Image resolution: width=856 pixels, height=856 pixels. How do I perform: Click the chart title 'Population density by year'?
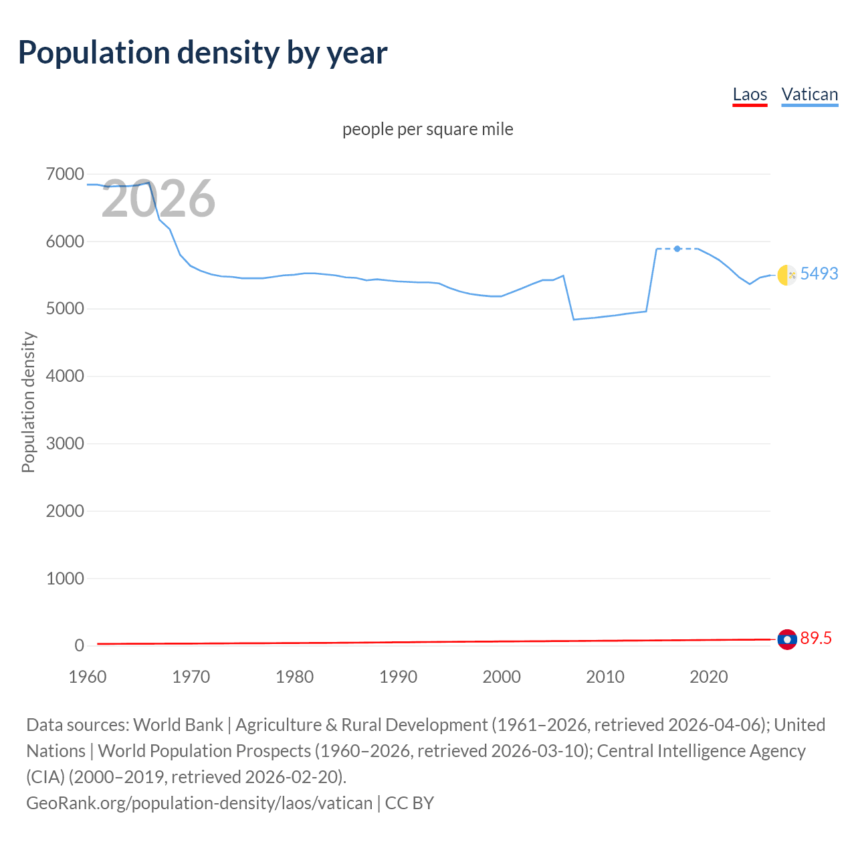203,53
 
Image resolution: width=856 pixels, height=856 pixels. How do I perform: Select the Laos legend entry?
750,94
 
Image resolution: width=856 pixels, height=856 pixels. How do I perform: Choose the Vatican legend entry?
809,94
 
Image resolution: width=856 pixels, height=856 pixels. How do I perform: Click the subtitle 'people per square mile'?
427,129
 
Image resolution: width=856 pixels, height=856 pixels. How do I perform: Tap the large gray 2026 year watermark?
158,199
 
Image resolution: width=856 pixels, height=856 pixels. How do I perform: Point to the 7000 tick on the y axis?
65,175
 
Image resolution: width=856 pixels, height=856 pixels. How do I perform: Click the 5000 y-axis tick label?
65,309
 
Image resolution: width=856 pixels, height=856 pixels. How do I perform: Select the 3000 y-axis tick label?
65,443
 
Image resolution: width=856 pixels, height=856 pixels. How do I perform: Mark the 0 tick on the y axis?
80,645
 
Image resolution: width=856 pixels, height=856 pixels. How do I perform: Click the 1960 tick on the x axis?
88,677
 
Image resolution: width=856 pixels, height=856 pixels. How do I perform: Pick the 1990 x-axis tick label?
398,677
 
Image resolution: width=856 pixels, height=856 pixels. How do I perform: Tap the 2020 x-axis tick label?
708,677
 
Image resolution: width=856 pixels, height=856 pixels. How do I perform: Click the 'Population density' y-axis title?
28,403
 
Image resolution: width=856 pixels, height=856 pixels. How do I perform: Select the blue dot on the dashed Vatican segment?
677,249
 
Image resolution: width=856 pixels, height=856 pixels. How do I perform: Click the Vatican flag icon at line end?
787,275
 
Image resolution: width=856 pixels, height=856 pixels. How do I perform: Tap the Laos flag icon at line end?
787,639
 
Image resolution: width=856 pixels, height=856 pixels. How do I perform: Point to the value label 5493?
819,274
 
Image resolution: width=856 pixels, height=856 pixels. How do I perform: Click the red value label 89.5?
816,639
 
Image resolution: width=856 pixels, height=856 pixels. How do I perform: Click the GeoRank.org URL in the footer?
199,802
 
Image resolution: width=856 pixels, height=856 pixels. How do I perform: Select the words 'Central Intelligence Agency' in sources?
701,751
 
